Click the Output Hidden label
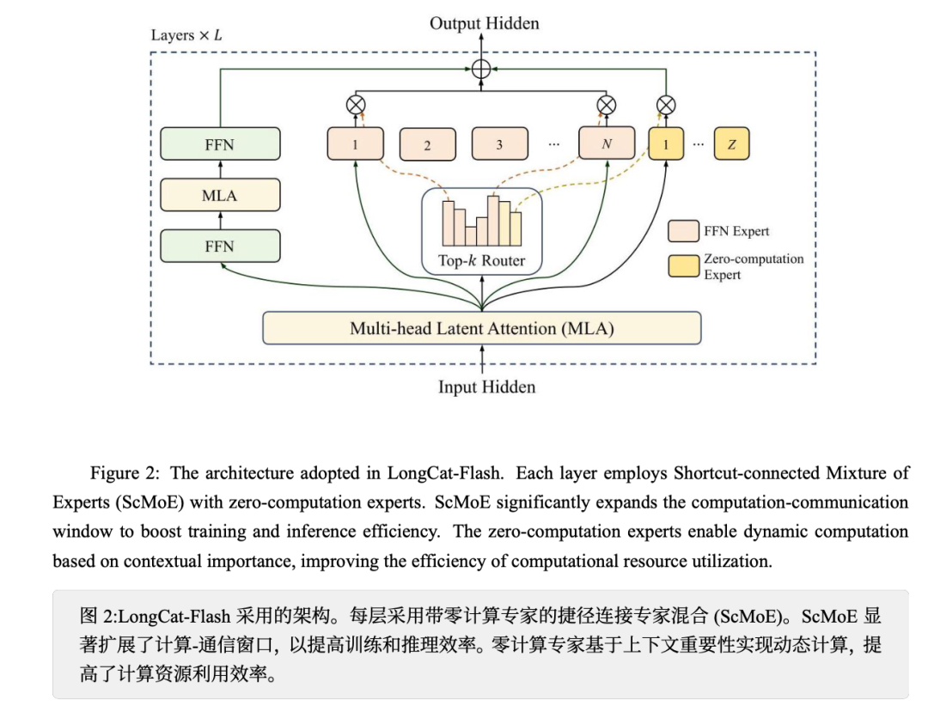(485, 24)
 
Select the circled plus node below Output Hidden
(481, 69)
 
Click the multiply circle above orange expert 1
(355, 105)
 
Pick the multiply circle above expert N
(606, 105)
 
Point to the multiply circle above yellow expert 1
(665, 105)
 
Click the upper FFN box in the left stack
(220, 144)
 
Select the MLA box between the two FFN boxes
(220, 195)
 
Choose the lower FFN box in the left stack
(220, 246)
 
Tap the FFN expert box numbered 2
(427, 145)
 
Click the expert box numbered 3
(499, 144)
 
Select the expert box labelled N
(606, 143)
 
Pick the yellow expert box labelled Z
(731, 144)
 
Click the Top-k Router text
(481, 261)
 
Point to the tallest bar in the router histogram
(492, 218)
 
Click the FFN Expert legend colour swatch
(683, 230)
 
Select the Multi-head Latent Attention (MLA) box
(481, 327)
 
